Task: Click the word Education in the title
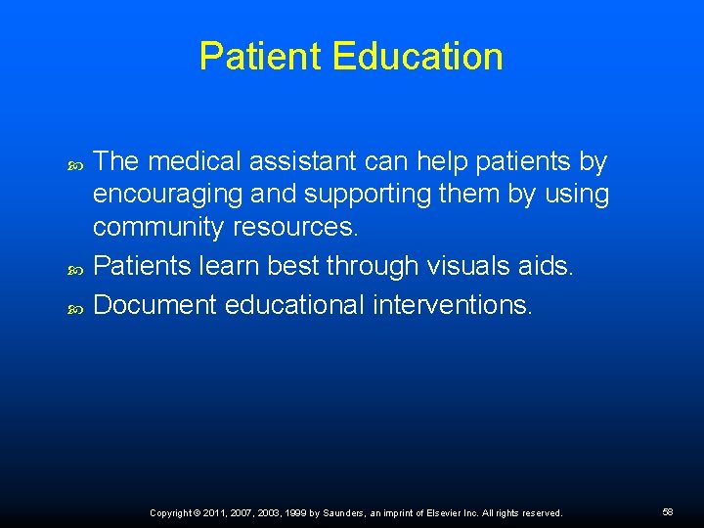418,57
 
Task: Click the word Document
155,304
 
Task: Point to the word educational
294,304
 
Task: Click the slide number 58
668,512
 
